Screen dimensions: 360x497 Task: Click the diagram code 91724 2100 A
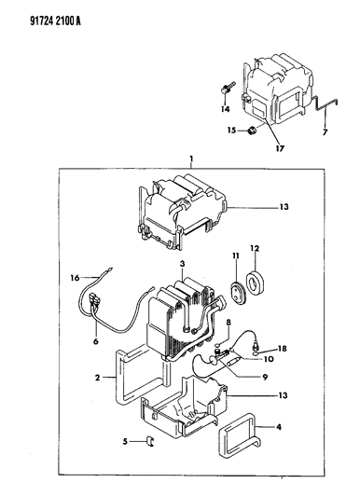[x=55, y=21]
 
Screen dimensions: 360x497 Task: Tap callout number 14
[x=226, y=109]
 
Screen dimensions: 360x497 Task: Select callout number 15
[x=231, y=130]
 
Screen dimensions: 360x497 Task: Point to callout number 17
[x=280, y=148]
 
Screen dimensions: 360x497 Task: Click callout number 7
[x=325, y=132]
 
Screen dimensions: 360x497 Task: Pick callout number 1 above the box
[x=191, y=159]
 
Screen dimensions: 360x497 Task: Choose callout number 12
[x=255, y=248]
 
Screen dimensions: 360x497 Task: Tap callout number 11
[x=235, y=255]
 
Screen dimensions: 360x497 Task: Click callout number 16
[x=75, y=278]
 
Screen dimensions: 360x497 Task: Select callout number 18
[x=282, y=349]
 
